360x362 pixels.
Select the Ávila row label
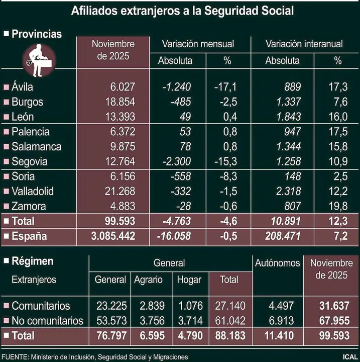(22, 87)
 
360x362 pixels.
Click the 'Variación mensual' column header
(198, 44)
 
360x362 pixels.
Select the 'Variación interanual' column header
(304, 44)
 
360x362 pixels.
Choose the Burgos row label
(27, 102)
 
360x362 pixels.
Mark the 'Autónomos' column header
(278, 262)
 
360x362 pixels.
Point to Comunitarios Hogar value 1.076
(189, 306)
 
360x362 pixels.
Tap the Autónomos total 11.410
(278, 335)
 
